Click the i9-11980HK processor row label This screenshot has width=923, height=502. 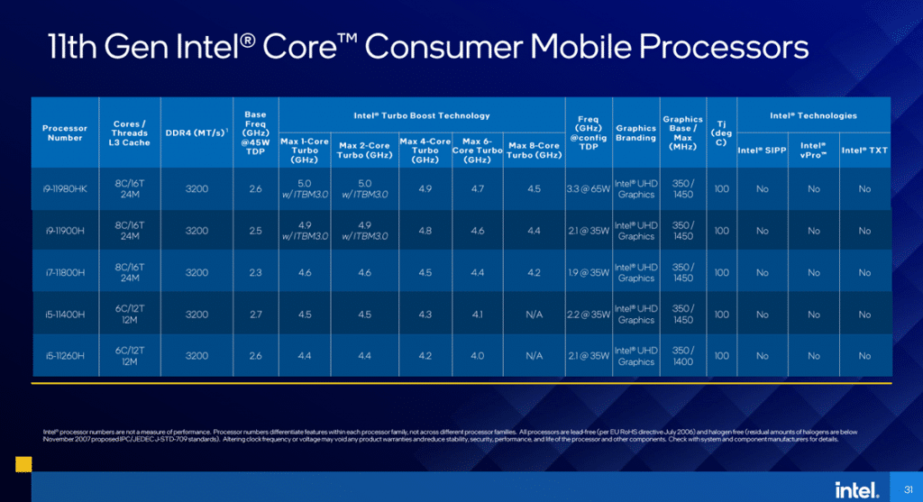coord(64,189)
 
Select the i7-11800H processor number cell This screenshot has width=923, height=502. coord(64,272)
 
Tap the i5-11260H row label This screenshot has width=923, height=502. coord(64,356)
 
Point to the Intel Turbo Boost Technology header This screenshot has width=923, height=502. coord(422,115)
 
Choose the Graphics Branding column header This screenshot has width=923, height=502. coord(635,133)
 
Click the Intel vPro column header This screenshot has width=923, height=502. coord(813,149)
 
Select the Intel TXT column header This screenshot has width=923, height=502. coord(864,150)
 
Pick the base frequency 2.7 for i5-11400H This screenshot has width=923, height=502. coord(255,315)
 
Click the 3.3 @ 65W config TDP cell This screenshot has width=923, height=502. coord(588,189)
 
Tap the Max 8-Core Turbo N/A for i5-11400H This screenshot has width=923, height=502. coord(535,315)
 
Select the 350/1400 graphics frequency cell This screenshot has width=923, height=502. coord(683,356)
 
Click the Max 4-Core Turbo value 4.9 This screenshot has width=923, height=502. coord(425,189)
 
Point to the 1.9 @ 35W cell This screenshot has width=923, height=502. coord(588,272)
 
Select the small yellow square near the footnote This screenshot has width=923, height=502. coord(23,463)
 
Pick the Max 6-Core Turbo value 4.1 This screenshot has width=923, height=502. coord(477,315)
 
